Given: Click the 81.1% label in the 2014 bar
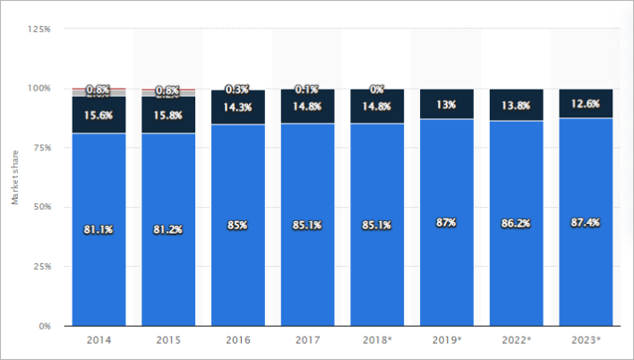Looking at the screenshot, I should (99, 229).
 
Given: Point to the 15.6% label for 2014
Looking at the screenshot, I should (99, 115).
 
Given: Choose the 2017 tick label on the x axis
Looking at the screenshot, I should (307, 341).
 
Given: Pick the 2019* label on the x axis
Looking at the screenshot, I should (446, 341).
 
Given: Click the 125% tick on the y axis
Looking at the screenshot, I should (39, 29).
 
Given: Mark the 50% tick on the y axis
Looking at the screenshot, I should (41, 207).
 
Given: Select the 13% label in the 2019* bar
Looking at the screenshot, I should (447, 104).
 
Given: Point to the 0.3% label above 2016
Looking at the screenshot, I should (238, 89).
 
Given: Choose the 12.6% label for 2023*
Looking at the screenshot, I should (587, 104).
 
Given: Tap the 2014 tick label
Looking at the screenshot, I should (99, 341).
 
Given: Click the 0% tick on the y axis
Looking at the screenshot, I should (44, 326).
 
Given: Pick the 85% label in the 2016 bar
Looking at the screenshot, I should (238, 225).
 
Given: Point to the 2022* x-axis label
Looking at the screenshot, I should (517, 341).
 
